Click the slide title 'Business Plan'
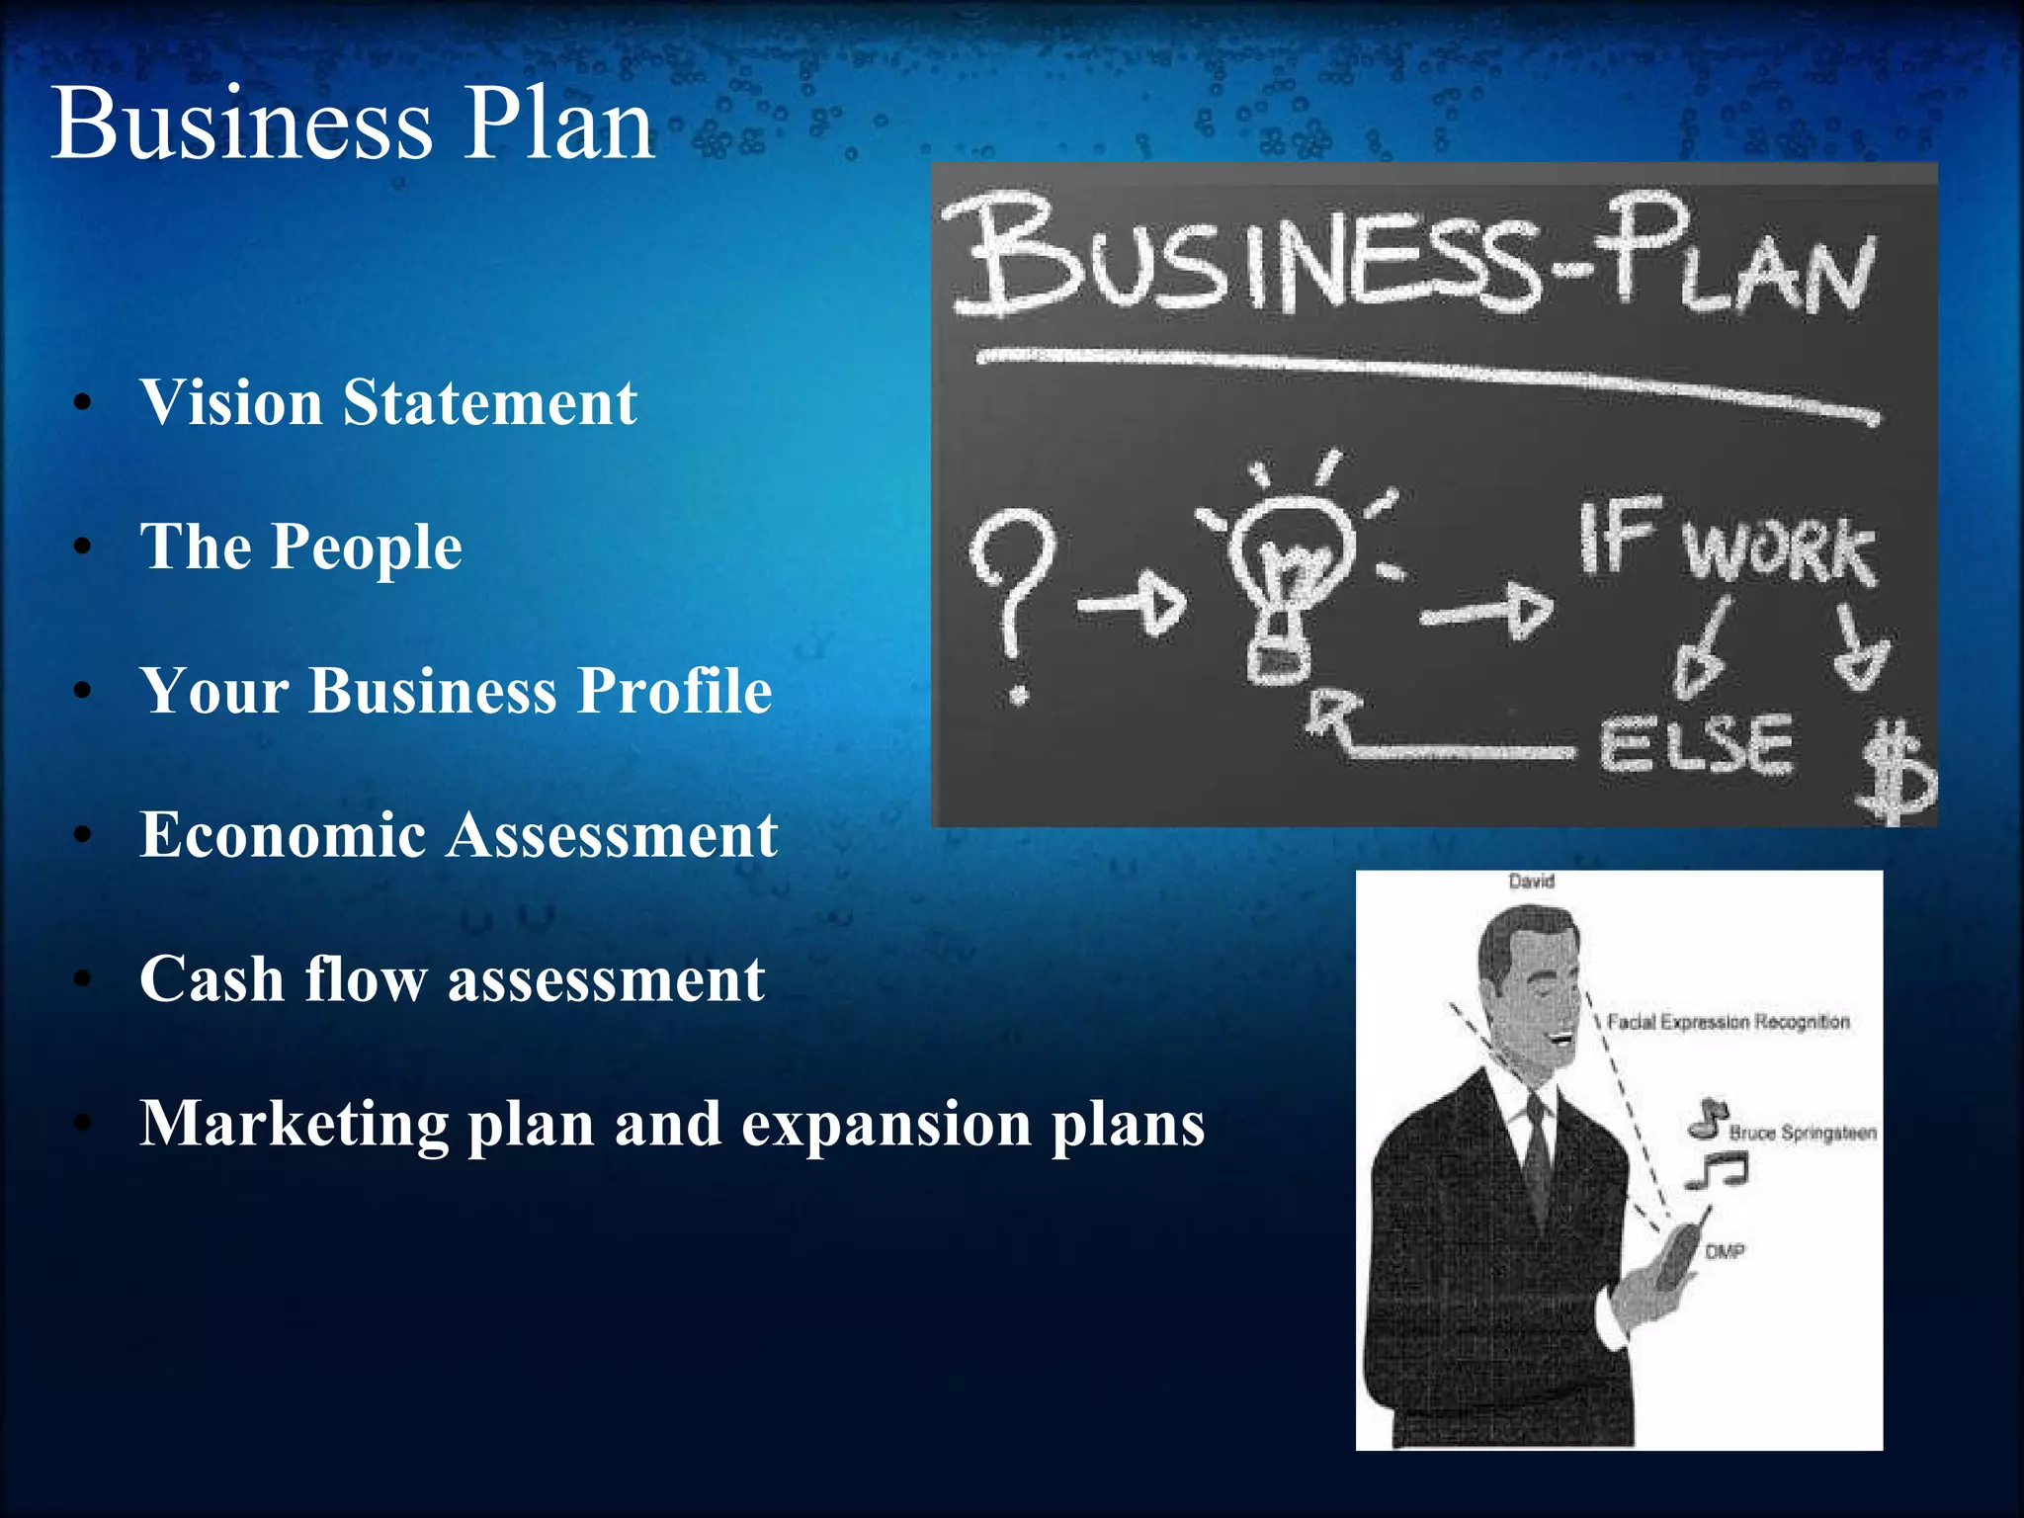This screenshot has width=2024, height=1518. point(353,125)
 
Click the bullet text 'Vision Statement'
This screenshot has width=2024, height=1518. point(388,403)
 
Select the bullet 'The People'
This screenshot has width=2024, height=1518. point(300,547)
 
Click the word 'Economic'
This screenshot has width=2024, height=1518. point(283,835)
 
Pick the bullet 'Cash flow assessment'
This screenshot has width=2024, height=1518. point(452,979)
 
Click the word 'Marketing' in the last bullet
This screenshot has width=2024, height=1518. point(294,1125)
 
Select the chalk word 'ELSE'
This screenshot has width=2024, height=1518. point(1695,745)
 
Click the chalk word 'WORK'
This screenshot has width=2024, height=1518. point(1779,549)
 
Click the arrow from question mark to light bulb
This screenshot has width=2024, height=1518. point(1133,602)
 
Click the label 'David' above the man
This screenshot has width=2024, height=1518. point(1531,882)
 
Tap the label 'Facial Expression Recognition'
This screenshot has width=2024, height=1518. point(1728,1022)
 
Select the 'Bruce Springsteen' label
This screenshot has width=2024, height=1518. point(1802,1133)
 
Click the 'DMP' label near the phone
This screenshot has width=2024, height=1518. point(1725,1252)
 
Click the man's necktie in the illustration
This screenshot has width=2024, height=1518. point(1538,1156)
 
